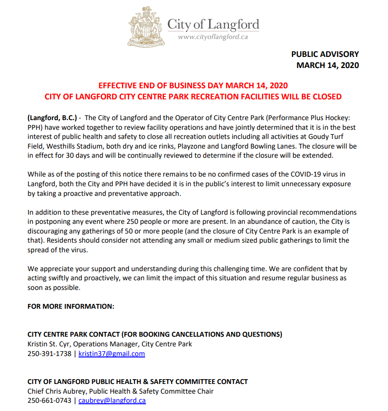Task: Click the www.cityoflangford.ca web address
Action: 213,37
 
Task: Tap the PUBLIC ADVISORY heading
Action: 325,55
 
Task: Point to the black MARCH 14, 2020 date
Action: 327,66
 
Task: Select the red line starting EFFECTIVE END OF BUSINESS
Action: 193,86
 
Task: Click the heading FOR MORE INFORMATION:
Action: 71,306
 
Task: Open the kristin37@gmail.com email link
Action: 112,354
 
